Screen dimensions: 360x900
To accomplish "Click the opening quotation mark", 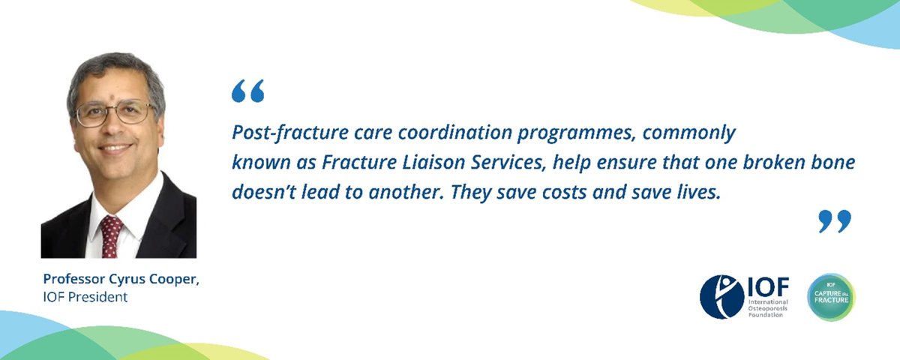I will click(248, 91).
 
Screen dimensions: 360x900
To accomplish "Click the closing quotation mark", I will click(835, 221).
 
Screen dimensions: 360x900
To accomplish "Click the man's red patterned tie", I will click(112, 235).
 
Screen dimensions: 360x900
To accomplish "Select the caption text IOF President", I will click(85, 297).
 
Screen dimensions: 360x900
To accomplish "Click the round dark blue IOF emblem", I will click(721, 296).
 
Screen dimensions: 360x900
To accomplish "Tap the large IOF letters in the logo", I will click(767, 287).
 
